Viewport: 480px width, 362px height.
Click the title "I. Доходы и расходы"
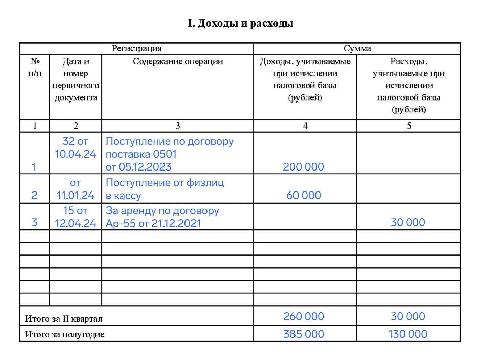click(x=240, y=23)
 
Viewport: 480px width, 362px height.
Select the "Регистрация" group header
click(x=136, y=49)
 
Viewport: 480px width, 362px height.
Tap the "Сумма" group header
click(x=357, y=49)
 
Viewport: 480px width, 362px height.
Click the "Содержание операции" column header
click(x=178, y=62)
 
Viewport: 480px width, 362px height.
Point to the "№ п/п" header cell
click(x=35, y=67)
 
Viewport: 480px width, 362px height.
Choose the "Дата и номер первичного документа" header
click(x=75, y=80)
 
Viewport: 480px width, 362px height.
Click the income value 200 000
click(x=303, y=167)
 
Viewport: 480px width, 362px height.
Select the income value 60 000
click(x=304, y=195)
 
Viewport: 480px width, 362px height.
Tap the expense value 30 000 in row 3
click(x=408, y=222)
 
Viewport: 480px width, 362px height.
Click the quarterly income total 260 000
click(x=304, y=316)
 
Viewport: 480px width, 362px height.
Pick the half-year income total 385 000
click(x=304, y=334)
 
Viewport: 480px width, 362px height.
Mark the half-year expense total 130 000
click(x=408, y=334)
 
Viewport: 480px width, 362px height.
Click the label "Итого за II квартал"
click(x=64, y=319)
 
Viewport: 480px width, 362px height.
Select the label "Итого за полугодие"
click(x=65, y=335)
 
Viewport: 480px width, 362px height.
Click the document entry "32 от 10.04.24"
click(x=75, y=148)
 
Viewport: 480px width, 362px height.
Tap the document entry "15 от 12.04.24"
click(x=75, y=217)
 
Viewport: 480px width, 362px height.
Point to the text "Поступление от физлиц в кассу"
click(x=165, y=189)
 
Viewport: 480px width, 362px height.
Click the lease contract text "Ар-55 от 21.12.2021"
click(x=154, y=224)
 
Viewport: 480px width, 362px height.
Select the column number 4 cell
click(x=305, y=126)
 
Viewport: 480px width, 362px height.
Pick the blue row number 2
click(x=34, y=195)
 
